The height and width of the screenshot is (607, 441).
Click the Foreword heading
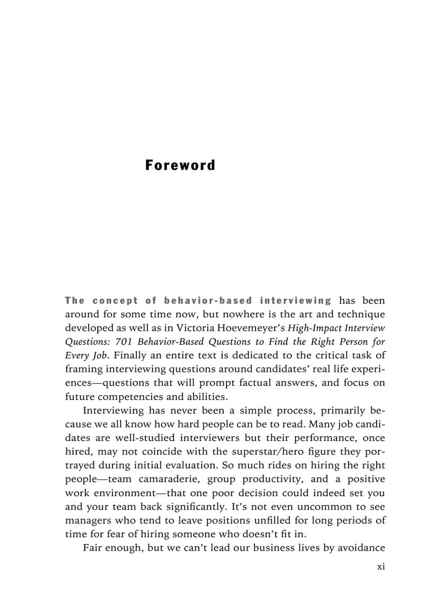(180, 165)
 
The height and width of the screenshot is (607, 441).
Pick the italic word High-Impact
(314, 328)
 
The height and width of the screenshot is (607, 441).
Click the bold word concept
(115, 301)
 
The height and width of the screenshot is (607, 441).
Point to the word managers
(89, 521)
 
